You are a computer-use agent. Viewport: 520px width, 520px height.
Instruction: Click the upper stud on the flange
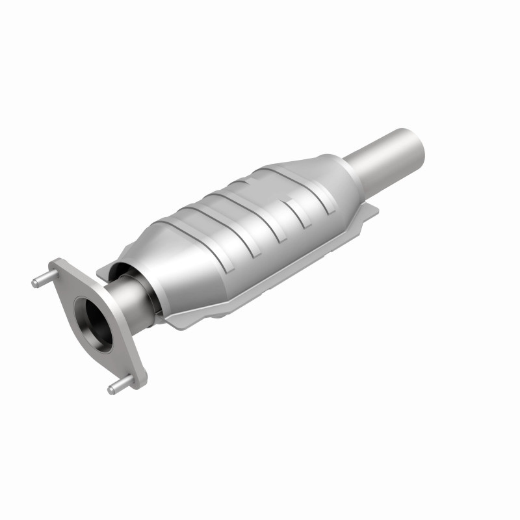point(40,281)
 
